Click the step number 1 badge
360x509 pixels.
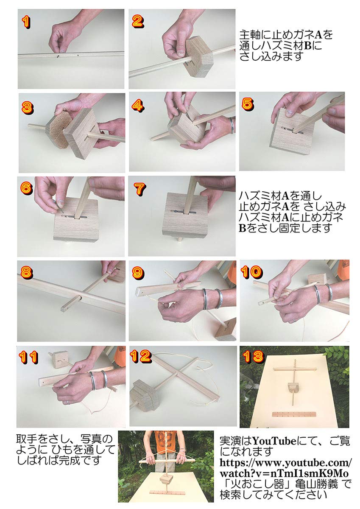click(x=26, y=22)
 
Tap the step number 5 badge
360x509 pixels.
click(x=248, y=103)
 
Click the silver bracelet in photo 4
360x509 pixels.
click(x=232, y=126)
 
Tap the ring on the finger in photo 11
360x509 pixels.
click(x=67, y=401)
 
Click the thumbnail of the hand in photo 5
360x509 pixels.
click(x=289, y=113)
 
